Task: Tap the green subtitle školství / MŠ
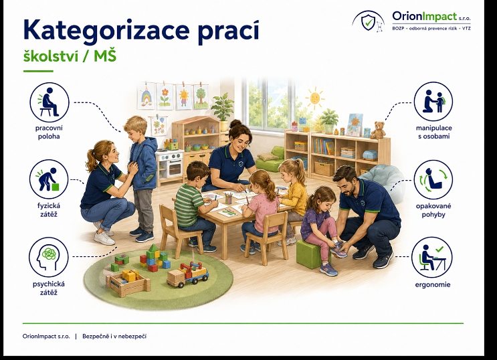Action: [70, 56]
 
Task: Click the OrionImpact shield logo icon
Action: [368, 22]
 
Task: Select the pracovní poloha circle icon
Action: [49, 102]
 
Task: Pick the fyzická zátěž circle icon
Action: [49, 179]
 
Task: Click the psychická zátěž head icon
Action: [48, 257]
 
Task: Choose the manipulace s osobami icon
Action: [433, 102]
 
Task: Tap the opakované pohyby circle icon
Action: [433, 179]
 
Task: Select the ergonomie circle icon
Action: [432, 257]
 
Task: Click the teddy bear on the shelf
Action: [378, 130]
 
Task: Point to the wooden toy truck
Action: [187, 274]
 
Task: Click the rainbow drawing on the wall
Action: [146, 96]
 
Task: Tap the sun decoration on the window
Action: [314, 98]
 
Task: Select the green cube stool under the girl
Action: [310, 254]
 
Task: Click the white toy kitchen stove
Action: [169, 166]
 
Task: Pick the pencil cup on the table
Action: [229, 199]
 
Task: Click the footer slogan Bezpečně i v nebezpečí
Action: [114, 336]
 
